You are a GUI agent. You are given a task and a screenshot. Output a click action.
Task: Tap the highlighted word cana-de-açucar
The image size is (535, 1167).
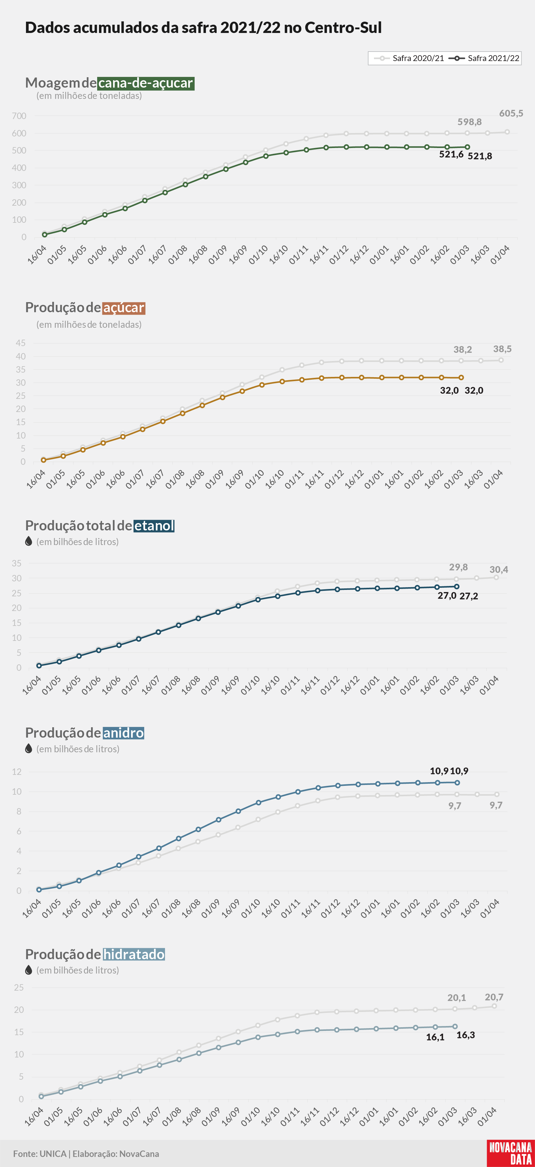(x=146, y=83)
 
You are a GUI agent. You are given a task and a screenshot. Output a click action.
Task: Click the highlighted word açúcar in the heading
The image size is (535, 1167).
(x=124, y=308)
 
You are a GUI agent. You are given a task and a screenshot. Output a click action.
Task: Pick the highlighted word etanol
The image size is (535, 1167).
(x=154, y=526)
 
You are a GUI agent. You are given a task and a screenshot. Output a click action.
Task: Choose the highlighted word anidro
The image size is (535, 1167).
(x=123, y=732)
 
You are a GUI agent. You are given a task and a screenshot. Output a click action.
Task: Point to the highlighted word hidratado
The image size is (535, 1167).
(x=134, y=954)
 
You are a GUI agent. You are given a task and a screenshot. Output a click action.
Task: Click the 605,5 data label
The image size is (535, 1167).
(x=511, y=113)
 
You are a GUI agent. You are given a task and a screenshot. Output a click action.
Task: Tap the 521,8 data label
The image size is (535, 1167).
(x=480, y=156)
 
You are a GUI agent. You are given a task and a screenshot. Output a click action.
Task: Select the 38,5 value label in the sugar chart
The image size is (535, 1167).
(x=502, y=349)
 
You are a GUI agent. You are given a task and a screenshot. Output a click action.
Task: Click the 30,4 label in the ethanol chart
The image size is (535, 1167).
(x=499, y=569)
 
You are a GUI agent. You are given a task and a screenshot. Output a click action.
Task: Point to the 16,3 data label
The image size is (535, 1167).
(x=466, y=1035)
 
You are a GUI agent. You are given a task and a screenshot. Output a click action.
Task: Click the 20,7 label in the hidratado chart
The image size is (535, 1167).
(x=494, y=997)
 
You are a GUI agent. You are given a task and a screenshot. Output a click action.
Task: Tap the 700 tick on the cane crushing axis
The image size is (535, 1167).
(x=19, y=116)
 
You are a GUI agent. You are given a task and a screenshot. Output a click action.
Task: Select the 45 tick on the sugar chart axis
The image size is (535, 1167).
(x=21, y=343)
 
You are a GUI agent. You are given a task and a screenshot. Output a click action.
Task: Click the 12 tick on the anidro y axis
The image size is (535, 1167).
(x=17, y=771)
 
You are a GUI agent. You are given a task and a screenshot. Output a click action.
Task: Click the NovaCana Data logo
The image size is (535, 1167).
(x=511, y=1153)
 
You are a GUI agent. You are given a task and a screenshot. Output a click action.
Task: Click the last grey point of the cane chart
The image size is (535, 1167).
(x=507, y=132)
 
